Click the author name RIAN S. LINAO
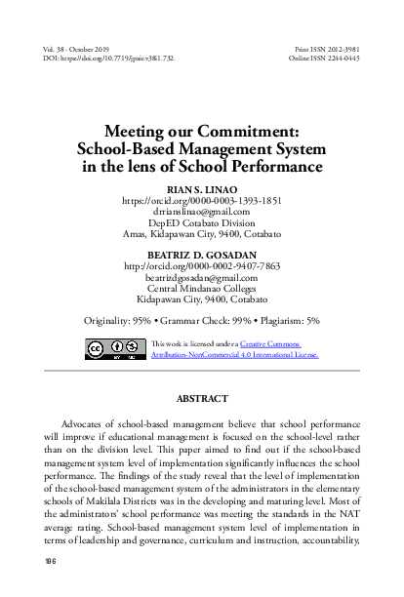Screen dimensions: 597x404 (201, 187)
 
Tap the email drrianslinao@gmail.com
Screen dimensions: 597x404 (201, 211)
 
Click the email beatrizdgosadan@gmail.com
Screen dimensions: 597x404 (201, 277)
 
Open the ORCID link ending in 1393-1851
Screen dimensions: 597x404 (201, 199)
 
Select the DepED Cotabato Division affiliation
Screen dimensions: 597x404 (201, 222)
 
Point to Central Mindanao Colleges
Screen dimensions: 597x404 (201, 289)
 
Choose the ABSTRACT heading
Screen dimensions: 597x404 (201, 399)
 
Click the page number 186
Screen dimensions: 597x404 (50, 561)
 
